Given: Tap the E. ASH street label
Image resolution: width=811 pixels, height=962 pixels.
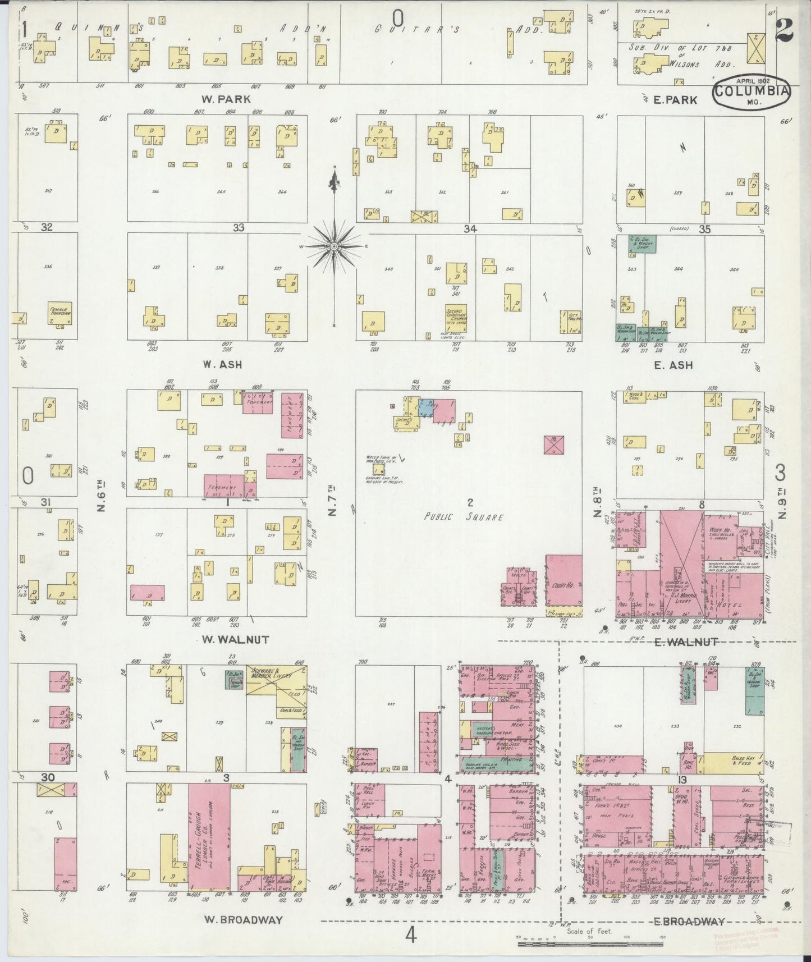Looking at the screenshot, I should [x=673, y=365].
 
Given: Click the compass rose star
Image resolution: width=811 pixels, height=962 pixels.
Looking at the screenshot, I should [x=335, y=246].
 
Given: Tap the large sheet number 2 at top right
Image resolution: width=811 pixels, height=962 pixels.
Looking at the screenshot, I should [x=784, y=30].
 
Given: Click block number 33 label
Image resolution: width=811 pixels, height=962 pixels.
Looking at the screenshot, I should [x=239, y=227].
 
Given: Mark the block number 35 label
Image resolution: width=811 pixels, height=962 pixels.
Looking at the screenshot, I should [x=704, y=229].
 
